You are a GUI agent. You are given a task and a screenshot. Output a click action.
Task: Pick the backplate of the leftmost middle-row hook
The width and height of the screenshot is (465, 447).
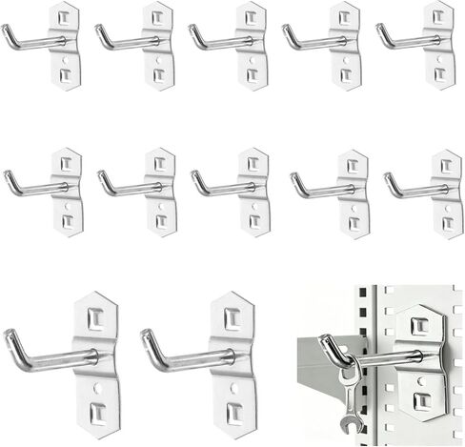pos(67,191)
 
